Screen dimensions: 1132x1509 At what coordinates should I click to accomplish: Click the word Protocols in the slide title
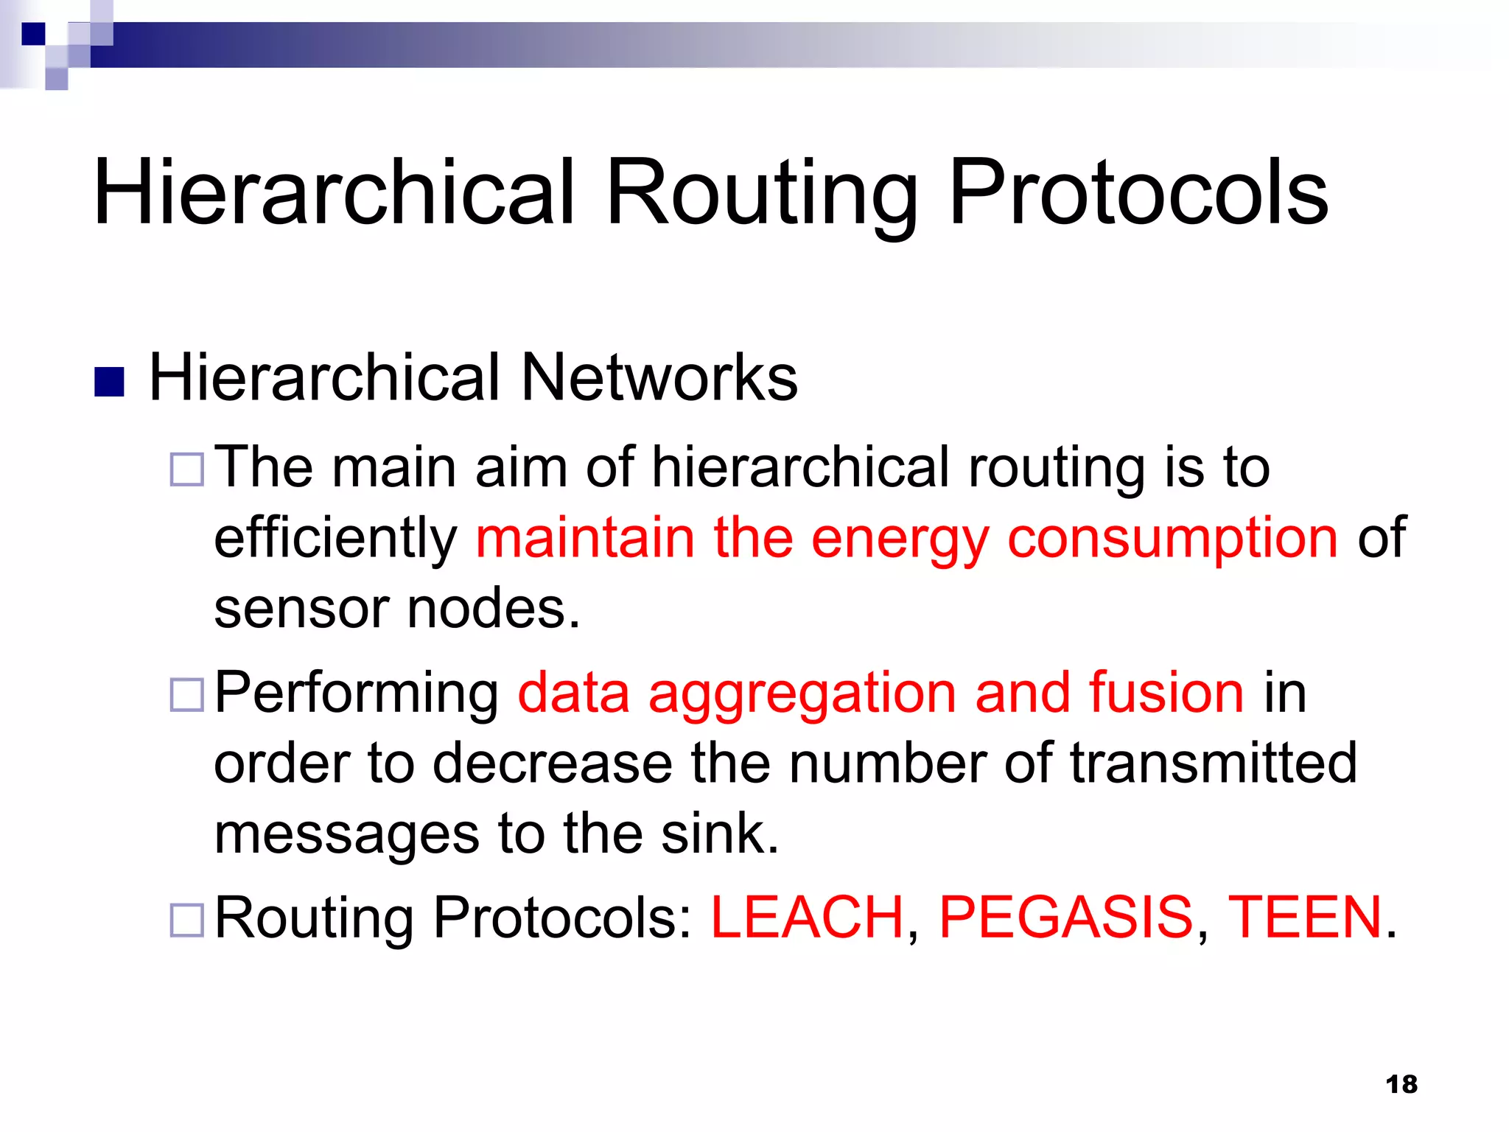coord(1138,193)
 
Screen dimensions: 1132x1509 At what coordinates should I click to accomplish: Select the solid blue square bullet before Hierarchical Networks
coord(109,382)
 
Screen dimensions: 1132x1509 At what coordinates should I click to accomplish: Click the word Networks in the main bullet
coord(659,377)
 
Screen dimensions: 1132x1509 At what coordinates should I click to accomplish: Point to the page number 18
coord(1401,1084)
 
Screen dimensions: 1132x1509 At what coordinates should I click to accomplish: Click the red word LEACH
coord(807,918)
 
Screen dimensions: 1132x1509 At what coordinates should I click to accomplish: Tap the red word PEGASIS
coord(1065,918)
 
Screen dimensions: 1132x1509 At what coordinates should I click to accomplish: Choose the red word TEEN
coord(1304,918)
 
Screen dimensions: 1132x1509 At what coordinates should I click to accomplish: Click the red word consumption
coord(1172,538)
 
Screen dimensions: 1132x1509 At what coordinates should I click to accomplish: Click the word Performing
coord(357,694)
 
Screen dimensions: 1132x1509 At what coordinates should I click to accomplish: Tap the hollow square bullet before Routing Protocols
coord(186,920)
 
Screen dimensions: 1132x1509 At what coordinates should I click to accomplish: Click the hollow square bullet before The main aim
coord(186,469)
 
